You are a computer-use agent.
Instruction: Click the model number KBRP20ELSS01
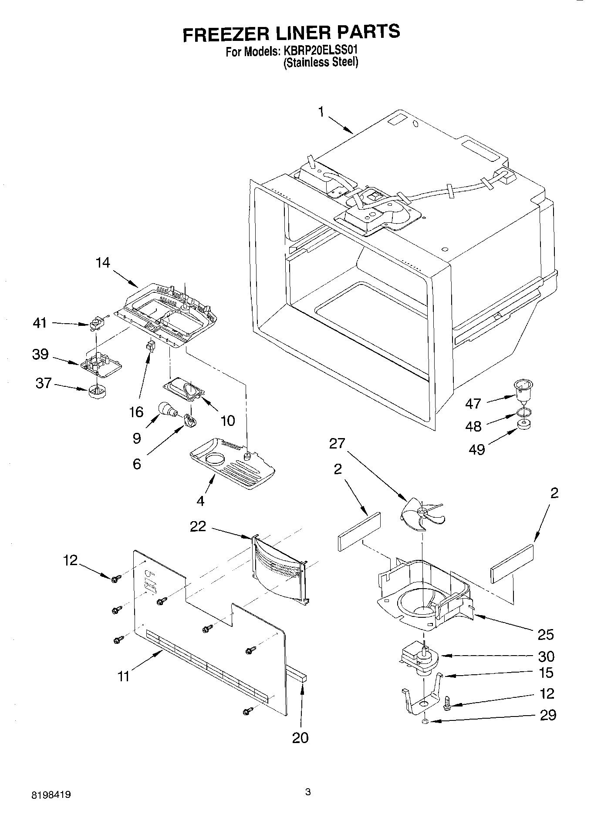click(x=321, y=50)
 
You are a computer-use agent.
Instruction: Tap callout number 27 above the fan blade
click(x=337, y=444)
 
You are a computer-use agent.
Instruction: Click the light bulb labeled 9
click(x=168, y=409)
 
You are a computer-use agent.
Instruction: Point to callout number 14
click(x=103, y=263)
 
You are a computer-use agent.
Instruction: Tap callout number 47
click(x=473, y=404)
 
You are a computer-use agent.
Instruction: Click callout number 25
click(x=545, y=635)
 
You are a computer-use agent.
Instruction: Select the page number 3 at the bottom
click(x=308, y=792)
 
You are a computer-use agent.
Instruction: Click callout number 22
click(x=198, y=527)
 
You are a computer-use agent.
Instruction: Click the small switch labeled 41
click(x=95, y=324)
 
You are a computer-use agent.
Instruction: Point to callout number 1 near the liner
click(x=321, y=112)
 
